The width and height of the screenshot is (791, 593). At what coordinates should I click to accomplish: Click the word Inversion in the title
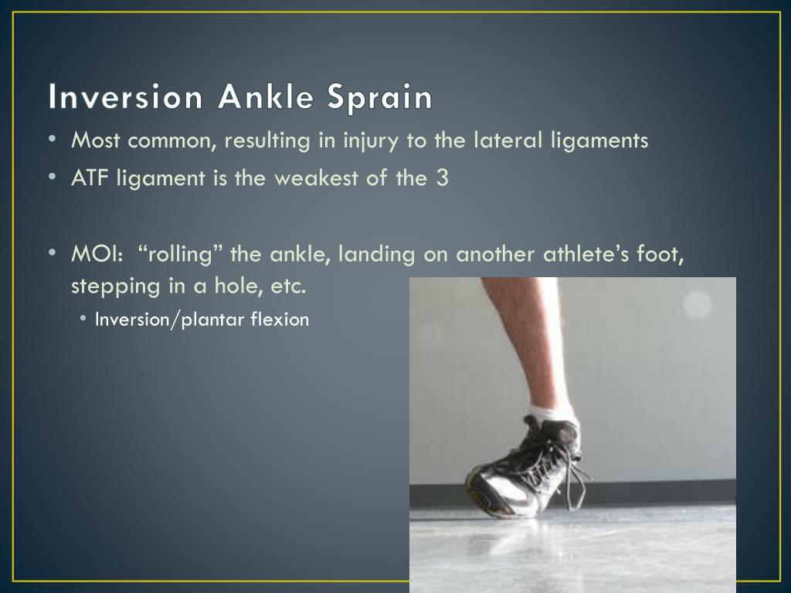coord(125,98)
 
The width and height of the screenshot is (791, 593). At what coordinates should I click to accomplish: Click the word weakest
coord(307,178)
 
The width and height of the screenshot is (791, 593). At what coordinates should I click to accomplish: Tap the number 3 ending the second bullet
coord(442,178)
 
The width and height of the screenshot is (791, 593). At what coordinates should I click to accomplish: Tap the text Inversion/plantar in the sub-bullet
coord(161,320)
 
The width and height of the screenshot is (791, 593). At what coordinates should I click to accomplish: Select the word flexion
coord(280,319)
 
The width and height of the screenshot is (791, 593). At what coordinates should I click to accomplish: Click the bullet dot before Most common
coord(52,140)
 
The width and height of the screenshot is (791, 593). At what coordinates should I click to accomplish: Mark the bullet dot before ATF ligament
coord(52,178)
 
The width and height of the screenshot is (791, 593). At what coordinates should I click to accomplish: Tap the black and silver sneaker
coord(525,467)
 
